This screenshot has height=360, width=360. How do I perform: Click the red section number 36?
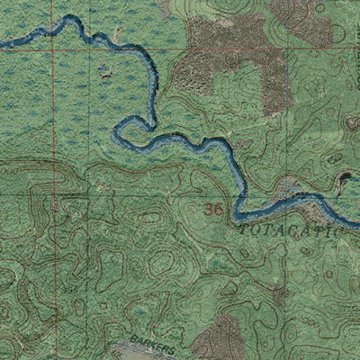(x=213, y=210)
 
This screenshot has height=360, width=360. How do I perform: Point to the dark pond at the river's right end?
(x=346, y=184)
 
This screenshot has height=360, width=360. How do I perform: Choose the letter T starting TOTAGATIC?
(x=245, y=230)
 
